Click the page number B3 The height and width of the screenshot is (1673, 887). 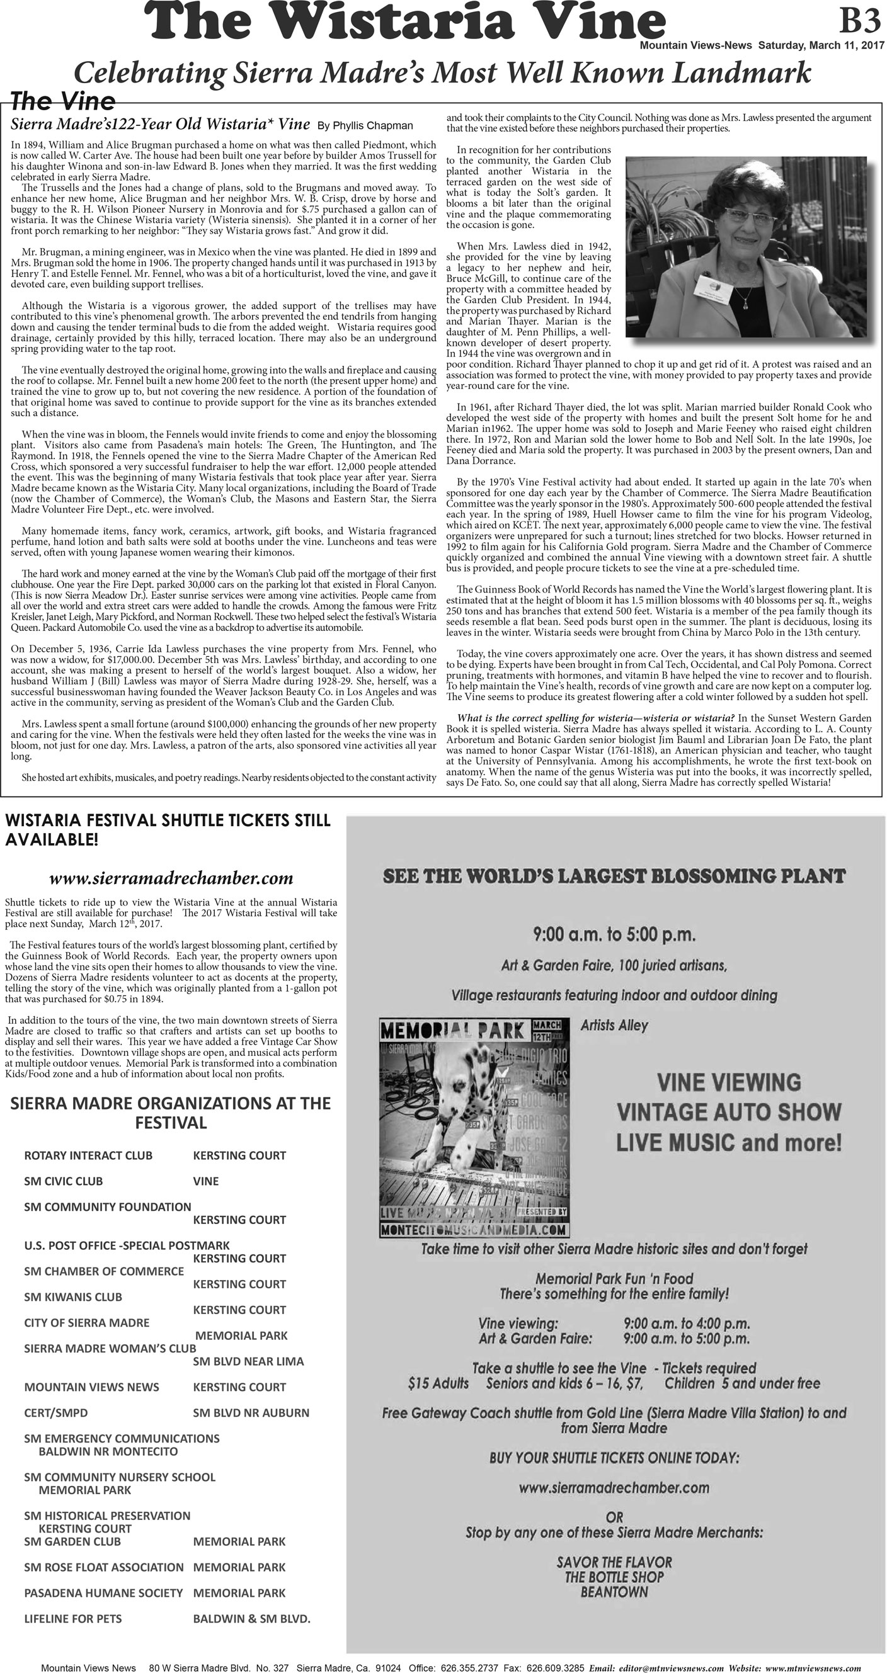click(859, 22)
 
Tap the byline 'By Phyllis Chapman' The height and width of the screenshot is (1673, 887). click(365, 125)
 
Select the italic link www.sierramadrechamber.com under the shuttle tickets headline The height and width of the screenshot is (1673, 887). click(171, 878)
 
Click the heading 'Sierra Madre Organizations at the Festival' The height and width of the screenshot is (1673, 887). click(170, 1113)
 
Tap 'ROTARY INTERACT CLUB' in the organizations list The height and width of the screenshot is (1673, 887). click(88, 1155)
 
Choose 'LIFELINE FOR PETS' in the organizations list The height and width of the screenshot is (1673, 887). click(73, 1618)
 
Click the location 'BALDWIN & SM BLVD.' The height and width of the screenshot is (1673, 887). click(251, 1618)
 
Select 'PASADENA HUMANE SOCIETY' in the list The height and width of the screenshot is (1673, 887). click(103, 1592)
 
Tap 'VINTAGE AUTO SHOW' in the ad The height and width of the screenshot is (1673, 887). click(728, 1111)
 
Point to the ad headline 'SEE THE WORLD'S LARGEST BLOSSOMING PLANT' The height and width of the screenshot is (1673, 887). click(614, 876)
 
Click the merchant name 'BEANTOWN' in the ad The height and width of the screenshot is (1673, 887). click(614, 1592)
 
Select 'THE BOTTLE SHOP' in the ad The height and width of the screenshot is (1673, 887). click(614, 1577)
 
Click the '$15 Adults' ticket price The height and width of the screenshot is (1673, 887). click(438, 1383)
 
